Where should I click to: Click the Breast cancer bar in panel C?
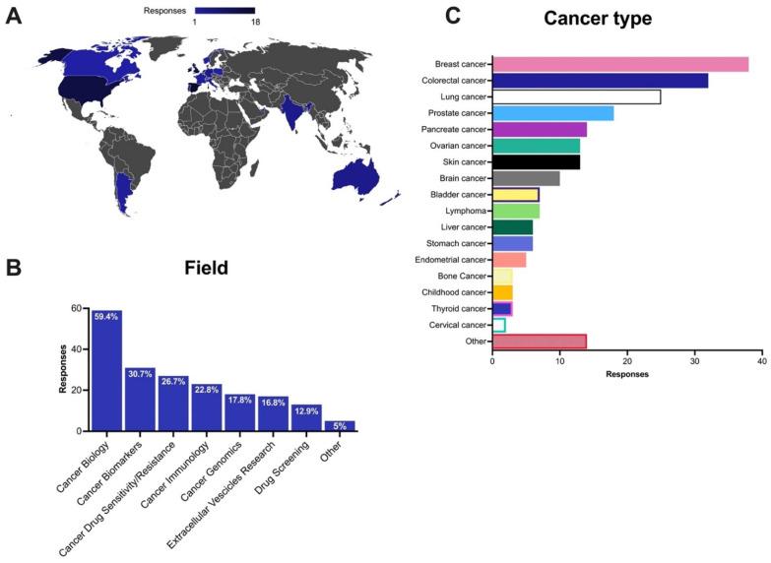(619, 65)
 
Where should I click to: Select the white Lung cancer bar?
(576, 97)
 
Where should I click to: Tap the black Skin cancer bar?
(536, 161)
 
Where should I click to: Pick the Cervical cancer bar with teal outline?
(498, 325)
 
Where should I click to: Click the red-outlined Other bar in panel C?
(539, 342)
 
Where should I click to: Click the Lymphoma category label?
(467, 211)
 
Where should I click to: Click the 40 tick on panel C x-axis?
(761, 361)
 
